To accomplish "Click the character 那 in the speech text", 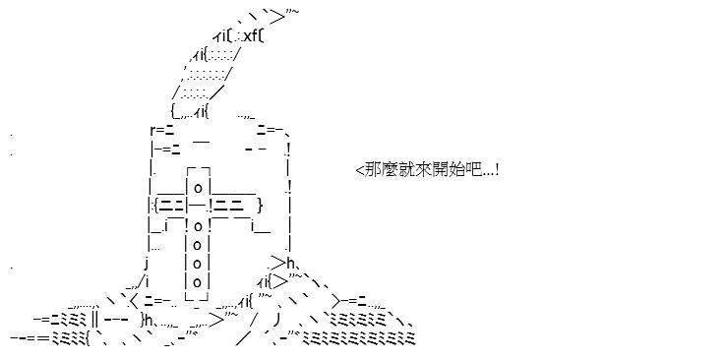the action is (372, 169).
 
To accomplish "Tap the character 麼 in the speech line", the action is (387, 169).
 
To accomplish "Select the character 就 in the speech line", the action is (401, 169).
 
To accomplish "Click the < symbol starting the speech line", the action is (360, 170).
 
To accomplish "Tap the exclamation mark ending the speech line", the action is (496, 169).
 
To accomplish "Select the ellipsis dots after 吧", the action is (487, 174).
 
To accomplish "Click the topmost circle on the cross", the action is (198, 189).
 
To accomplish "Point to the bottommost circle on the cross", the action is (198, 282).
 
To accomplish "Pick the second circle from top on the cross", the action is (198, 226).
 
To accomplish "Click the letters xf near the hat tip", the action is (251, 35).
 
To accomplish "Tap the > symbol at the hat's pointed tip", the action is (277, 18).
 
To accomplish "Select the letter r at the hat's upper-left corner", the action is (153, 130).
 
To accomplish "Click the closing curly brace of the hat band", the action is (260, 205).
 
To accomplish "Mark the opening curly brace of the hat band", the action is (156, 205).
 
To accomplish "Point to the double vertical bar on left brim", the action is (94, 320).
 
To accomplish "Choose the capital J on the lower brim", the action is (276, 320).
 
